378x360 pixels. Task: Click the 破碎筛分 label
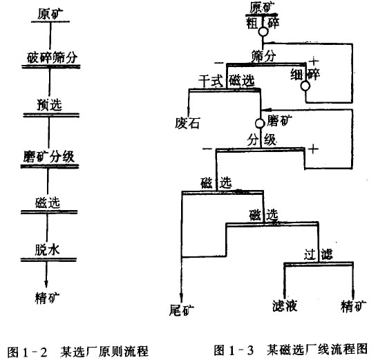tap(52, 57)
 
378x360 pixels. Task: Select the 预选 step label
tap(50, 105)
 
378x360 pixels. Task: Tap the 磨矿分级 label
tap(49, 157)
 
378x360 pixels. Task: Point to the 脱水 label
tap(47, 250)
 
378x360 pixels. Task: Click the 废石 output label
tap(187, 123)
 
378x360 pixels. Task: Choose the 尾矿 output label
tap(182, 310)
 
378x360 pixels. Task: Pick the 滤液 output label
tap(285, 305)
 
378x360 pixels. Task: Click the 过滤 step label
tap(318, 254)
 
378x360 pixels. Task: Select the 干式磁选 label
tap(227, 80)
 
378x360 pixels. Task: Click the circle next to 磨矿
tap(260, 124)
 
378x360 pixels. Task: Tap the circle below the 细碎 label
tap(305, 86)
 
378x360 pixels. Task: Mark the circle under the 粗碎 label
tap(263, 32)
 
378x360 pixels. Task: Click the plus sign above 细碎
tap(314, 61)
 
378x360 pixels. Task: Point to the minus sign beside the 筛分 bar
tap(218, 63)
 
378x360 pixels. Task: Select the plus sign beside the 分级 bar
tap(313, 149)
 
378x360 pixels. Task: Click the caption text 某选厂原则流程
tap(104, 352)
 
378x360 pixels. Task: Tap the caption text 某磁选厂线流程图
tap(317, 350)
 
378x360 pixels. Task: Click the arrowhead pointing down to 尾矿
tap(182, 297)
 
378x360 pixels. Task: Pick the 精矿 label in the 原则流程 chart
tap(47, 298)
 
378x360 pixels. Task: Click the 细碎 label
tap(305, 74)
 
